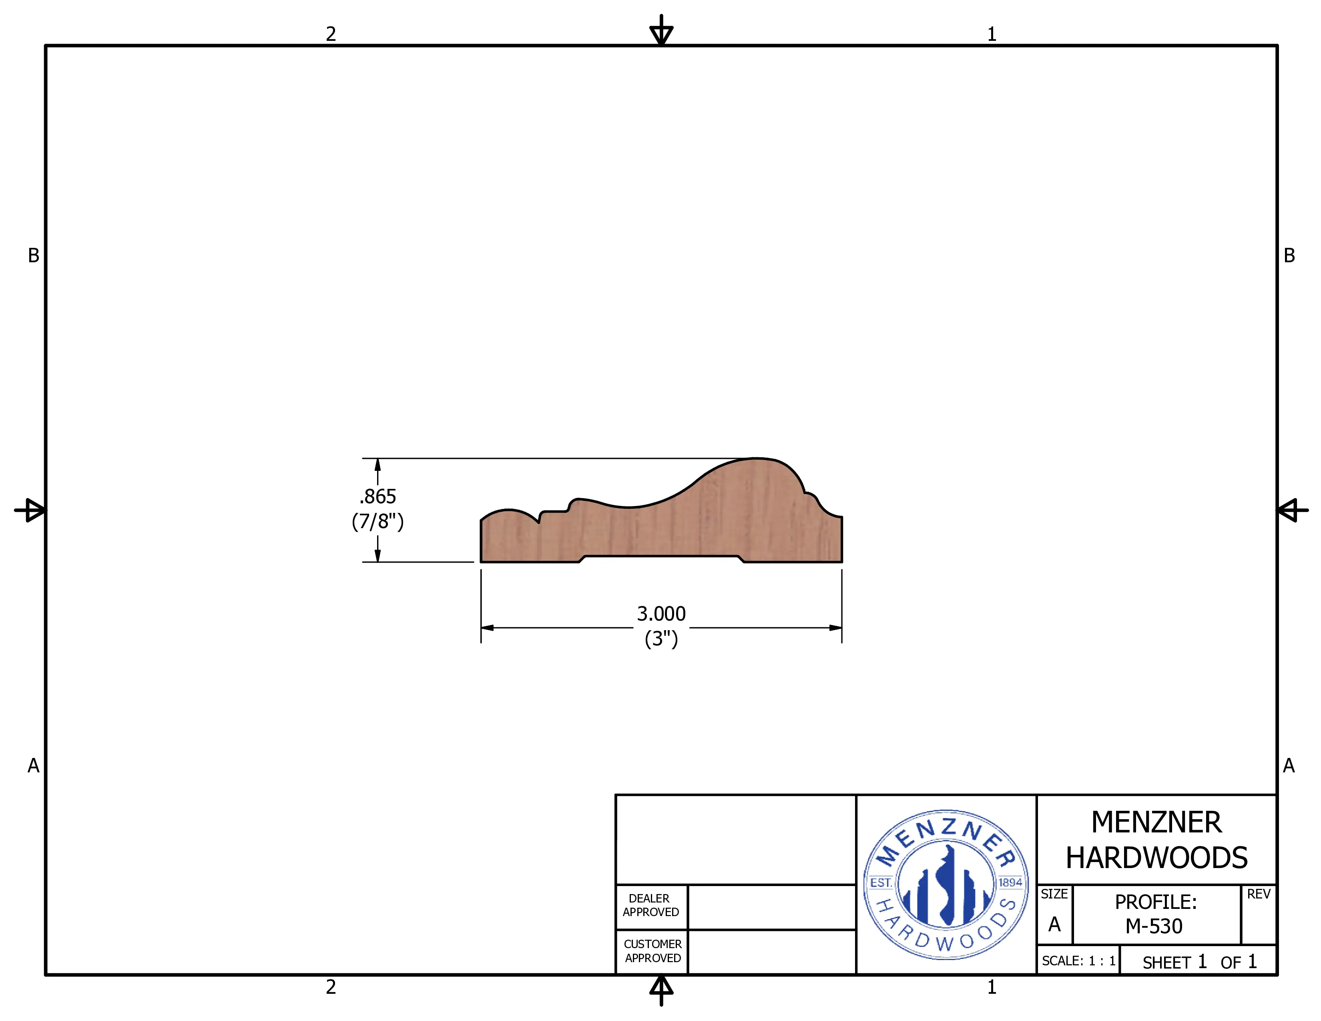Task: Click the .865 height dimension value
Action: [x=377, y=496]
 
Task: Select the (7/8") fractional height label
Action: [x=377, y=521]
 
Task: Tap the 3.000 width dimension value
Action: [x=661, y=614]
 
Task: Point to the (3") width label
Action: [x=661, y=639]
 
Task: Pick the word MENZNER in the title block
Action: [x=1156, y=823]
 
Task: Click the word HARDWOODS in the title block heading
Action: [x=1156, y=858]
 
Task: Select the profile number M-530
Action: [x=1154, y=926]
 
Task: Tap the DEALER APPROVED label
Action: [x=651, y=905]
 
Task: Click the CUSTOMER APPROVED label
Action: [x=652, y=951]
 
